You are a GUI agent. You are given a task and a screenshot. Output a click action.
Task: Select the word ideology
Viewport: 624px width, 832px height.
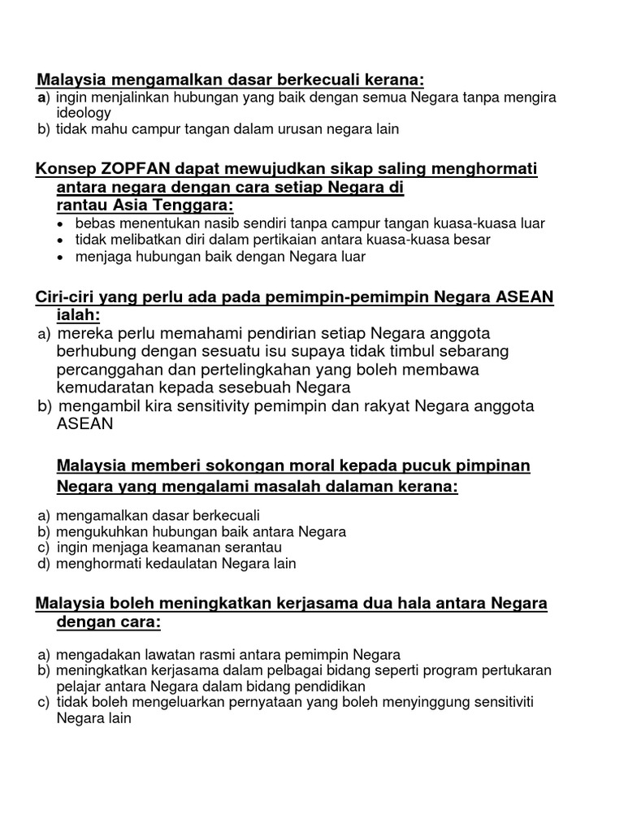(x=83, y=113)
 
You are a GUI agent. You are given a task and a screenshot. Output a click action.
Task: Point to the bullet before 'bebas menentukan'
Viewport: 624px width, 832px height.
(x=63, y=223)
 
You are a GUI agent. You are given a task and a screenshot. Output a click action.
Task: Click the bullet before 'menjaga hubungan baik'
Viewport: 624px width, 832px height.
(x=63, y=258)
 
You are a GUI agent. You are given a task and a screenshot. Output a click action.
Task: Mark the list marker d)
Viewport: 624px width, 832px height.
(x=44, y=563)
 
